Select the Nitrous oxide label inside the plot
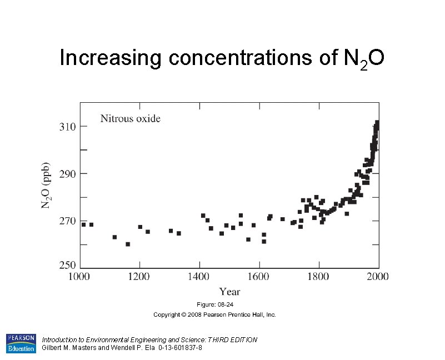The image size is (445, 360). pyautogui.click(x=130, y=118)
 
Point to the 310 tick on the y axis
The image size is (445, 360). pyautogui.click(x=68, y=127)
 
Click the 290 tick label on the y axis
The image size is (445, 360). pyautogui.click(x=68, y=174)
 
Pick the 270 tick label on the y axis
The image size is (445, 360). pyautogui.click(x=68, y=221)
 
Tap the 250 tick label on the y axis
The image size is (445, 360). pyautogui.click(x=68, y=266)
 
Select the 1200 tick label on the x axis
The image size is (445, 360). pyautogui.click(x=140, y=276)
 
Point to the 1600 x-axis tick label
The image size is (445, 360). pyautogui.click(x=259, y=276)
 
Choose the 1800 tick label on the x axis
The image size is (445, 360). pyautogui.click(x=318, y=276)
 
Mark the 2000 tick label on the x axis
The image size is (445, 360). pyautogui.click(x=377, y=276)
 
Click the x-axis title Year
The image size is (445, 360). pyautogui.click(x=229, y=291)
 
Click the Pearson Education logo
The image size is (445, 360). pyautogui.click(x=21, y=343)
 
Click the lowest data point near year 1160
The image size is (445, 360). pyautogui.click(x=128, y=244)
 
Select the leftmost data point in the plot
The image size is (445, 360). pyautogui.click(x=84, y=224)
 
